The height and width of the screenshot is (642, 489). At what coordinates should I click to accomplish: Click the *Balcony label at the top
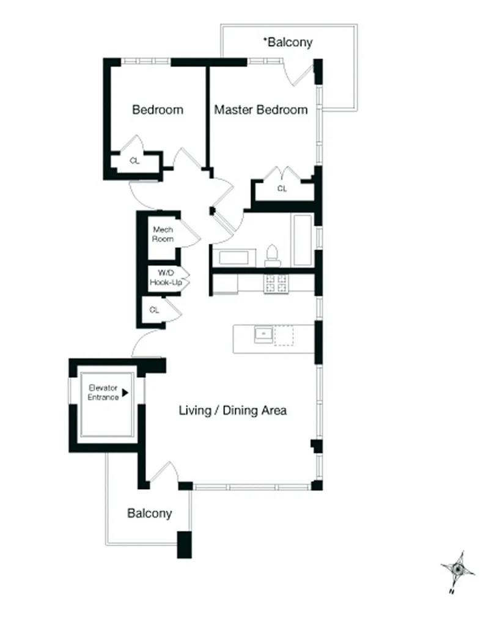(x=288, y=42)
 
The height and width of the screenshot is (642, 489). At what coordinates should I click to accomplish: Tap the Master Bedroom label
(x=260, y=110)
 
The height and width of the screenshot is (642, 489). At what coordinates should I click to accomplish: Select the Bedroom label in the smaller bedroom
(x=158, y=110)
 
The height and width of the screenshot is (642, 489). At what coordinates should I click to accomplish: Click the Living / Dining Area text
(x=232, y=410)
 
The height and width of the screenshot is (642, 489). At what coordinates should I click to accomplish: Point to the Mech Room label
(x=163, y=234)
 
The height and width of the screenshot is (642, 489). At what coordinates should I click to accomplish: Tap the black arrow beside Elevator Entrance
(x=125, y=393)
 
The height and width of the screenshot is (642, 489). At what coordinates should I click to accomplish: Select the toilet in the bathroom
(x=273, y=257)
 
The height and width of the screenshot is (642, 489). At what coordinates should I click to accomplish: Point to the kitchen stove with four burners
(x=276, y=283)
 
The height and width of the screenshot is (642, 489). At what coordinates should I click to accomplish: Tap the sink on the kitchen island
(x=263, y=334)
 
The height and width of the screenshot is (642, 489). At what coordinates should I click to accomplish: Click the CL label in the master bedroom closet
(x=282, y=189)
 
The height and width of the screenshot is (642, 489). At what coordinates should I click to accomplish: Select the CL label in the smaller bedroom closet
(x=134, y=161)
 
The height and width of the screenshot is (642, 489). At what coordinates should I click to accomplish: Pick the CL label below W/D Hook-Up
(x=154, y=310)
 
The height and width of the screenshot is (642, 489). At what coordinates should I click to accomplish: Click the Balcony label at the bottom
(x=149, y=514)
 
